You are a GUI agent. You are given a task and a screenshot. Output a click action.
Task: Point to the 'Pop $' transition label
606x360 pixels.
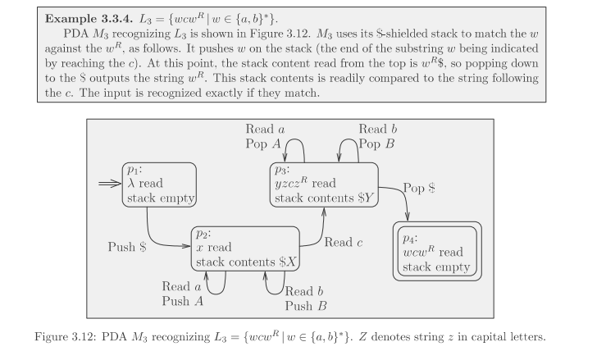point(420,188)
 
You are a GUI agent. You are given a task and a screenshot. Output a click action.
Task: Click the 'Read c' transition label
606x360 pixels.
point(344,242)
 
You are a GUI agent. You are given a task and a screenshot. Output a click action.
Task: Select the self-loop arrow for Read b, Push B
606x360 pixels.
point(273,283)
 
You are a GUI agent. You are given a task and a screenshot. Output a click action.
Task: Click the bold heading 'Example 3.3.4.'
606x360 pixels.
point(95,17)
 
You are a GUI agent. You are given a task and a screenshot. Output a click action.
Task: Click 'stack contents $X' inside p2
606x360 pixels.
point(243,262)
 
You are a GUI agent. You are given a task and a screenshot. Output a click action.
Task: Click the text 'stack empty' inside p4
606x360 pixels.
point(436,267)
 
